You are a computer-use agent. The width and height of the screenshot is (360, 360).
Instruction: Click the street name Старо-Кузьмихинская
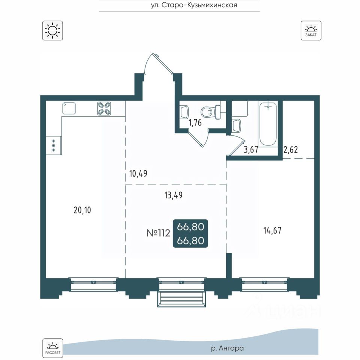click(x=199, y=5)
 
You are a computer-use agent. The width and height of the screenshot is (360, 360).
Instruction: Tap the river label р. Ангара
click(x=227, y=348)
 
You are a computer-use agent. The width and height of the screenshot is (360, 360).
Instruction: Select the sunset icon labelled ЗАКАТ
click(x=311, y=30)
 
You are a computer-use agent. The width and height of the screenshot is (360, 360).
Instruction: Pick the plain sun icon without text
click(x=52, y=30)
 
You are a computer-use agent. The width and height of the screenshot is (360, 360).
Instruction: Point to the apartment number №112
click(x=158, y=233)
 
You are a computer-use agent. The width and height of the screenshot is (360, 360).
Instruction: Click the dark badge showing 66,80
click(x=190, y=234)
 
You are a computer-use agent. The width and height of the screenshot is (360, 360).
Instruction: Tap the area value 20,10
click(x=82, y=210)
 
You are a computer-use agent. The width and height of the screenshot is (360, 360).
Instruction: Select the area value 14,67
click(x=272, y=230)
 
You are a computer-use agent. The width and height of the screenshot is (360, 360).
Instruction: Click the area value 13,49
click(x=174, y=195)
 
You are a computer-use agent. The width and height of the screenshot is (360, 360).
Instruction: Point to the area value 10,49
click(x=138, y=174)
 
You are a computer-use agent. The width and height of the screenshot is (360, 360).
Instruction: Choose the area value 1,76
click(x=195, y=123)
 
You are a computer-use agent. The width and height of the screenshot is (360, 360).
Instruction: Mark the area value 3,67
click(x=251, y=150)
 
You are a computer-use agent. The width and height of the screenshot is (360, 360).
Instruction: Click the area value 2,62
click(x=290, y=150)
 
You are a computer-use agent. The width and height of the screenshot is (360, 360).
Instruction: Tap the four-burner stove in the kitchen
click(x=104, y=108)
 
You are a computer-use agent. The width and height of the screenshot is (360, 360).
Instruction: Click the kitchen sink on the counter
click(x=69, y=108)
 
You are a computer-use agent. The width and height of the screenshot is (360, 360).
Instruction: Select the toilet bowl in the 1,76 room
click(x=210, y=111)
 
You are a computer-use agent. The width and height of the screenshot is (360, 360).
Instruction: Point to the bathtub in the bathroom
click(x=268, y=124)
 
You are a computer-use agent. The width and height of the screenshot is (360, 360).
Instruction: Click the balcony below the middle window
click(x=181, y=299)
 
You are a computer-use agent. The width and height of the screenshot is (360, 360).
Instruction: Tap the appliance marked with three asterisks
click(x=54, y=145)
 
